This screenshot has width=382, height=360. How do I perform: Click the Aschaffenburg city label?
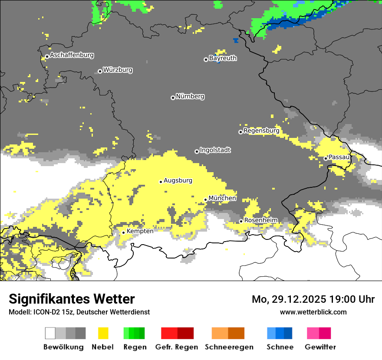[72, 55]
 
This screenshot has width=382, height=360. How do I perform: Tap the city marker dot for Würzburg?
[100, 71]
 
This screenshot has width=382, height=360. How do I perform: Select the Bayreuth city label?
[223, 58]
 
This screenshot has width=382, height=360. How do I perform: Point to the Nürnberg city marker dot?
[173, 98]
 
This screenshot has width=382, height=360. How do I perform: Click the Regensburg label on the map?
[261, 131]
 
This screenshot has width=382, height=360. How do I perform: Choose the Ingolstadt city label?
[215, 150]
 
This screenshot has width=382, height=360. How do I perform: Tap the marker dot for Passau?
[326, 158]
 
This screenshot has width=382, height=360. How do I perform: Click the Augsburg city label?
[178, 180]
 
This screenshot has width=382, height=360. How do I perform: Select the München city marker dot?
[206, 200]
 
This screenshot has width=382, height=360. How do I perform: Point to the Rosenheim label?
[260, 220]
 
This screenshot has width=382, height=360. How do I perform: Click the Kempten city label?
[140, 231]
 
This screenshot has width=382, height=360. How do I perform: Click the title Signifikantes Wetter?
[72, 299]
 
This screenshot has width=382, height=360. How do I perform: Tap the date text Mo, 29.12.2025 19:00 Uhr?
[313, 299]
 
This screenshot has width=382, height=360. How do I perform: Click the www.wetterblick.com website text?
[313, 312]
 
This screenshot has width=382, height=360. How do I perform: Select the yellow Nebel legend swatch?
[103, 333]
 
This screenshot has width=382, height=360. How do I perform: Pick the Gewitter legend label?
[320, 347]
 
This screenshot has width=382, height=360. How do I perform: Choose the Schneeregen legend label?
[229, 347]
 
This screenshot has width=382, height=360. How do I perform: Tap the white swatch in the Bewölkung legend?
[50, 333]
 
